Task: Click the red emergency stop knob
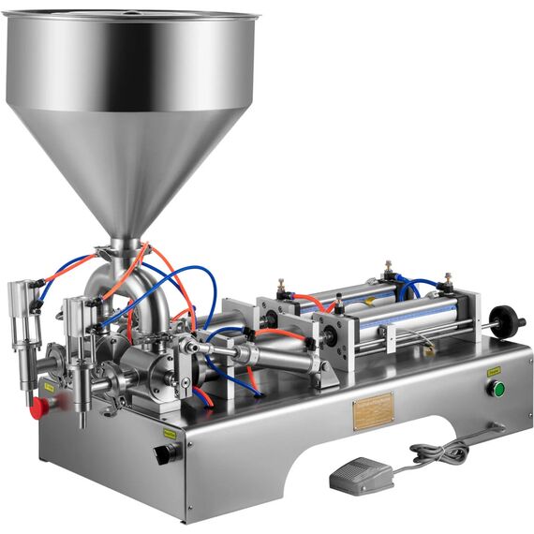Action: [39, 408]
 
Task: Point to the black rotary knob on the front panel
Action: [166, 453]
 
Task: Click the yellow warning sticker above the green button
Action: [493, 371]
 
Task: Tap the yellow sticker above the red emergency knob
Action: [48, 386]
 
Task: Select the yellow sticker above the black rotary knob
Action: [171, 434]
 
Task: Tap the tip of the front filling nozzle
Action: [83, 423]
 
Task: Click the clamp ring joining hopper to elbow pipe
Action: [124, 245]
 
